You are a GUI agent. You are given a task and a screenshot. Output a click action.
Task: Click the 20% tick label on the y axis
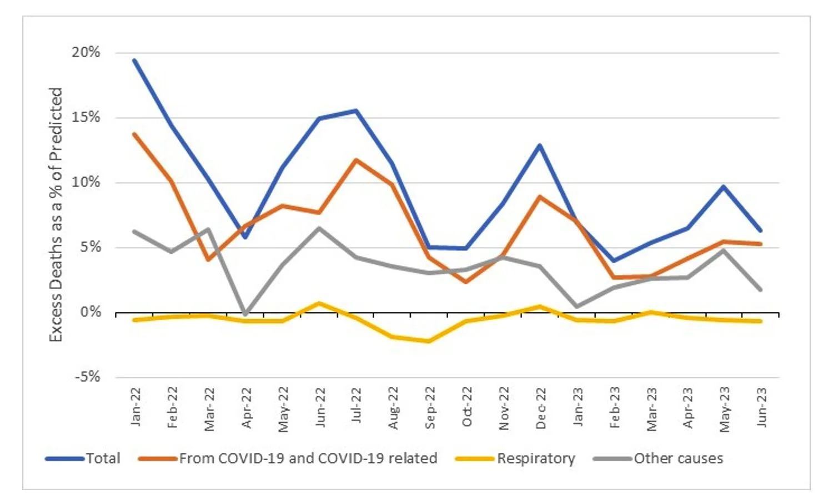(x=86, y=53)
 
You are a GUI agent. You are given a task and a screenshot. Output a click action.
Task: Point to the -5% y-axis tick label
(x=88, y=377)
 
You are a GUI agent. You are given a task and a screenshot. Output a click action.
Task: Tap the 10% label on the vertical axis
(x=86, y=182)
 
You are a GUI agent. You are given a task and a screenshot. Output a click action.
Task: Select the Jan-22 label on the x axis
(x=136, y=407)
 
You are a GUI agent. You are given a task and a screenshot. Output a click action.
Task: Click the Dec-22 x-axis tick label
(x=541, y=408)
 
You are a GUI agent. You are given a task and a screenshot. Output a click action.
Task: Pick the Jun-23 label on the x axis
(x=761, y=407)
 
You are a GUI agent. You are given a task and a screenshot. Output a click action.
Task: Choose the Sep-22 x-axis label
(x=430, y=408)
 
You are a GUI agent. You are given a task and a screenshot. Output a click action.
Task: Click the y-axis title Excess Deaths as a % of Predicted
(x=56, y=214)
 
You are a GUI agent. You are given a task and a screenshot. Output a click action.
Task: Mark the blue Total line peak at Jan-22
(x=134, y=60)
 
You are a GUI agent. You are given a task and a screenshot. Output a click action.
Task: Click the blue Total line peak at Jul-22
(x=356, y=110)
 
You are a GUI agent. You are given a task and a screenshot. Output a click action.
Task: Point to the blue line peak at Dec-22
(x=539, y=145)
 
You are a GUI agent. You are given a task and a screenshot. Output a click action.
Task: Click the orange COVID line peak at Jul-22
(x=356, y=160)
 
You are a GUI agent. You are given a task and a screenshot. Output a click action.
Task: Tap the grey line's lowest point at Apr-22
(x=245, y=314)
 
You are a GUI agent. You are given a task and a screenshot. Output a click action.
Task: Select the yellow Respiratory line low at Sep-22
(x=429, y=341)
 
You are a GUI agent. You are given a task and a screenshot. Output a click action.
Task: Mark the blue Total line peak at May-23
(x=724, y=187)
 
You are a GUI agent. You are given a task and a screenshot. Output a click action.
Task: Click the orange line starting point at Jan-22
(x=134, y=134)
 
